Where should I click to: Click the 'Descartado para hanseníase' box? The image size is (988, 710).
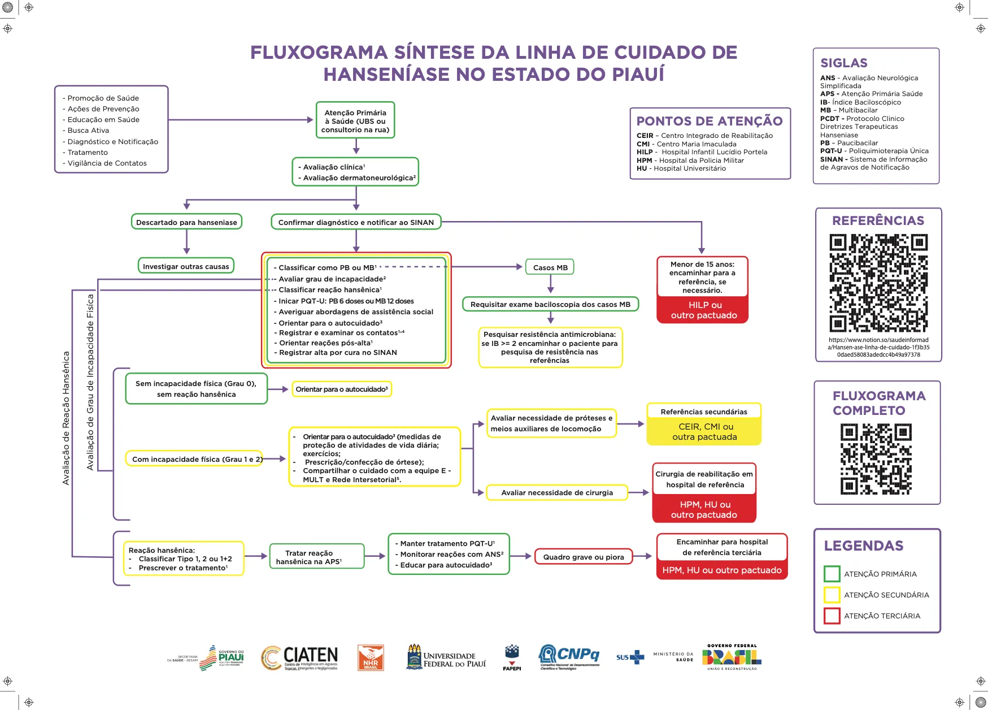pyautogui.click(x=186, y=222)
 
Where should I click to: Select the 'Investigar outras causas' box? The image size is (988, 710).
pyautogui.click(x=186, y=266)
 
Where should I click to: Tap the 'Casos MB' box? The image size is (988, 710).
pyautogui.click(x=550, y=267)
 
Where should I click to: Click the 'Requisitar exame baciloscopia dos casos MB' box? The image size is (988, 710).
pyautogui.click(x=550, y=304)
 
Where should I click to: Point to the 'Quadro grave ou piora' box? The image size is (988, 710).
pyautogui.click(x=584, y=557)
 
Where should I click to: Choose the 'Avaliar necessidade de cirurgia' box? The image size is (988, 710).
pyautogui.click(x=557, y=492)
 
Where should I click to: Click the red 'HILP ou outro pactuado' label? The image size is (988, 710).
pyautogui.click(x=703, y=310)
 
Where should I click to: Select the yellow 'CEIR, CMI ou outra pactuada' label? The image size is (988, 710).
pyautogui.click(x=704, y=432)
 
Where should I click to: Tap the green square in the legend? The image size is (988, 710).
pyautogui.click(x=832, y=574)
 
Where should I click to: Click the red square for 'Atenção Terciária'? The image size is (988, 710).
pyautogui.click(x=832, y=616)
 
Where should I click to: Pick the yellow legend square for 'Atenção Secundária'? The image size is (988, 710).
pyautogui.click(x=832, y=595)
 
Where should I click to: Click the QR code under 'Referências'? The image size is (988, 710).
pyautogui.click(x=878, y=283)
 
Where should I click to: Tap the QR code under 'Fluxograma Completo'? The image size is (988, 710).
pyautogui.click(x=876, y=459)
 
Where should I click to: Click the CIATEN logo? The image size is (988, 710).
pyautogui.click(x=299, y=657)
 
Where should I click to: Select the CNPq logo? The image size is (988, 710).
pyautogui.click(x=569, y=656)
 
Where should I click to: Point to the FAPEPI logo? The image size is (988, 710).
pyautogui.click(x=512, y=657)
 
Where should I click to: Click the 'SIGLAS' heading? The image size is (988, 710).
pyautogui.click(x=843, y=63)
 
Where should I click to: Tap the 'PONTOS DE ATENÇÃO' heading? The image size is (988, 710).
pyautogui.click(x=710, y=121)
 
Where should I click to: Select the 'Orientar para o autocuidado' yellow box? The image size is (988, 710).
pyautogui.click(x=342, y=389)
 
